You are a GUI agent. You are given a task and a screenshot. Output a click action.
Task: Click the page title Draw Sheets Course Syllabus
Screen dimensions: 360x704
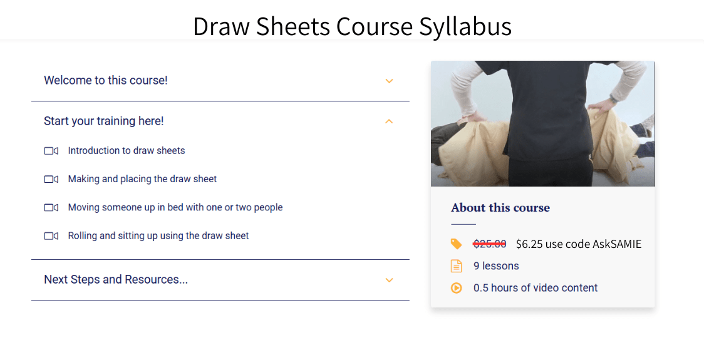[x=352, y=26]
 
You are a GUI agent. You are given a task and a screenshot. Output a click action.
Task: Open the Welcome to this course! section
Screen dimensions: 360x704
[x=106, y=80]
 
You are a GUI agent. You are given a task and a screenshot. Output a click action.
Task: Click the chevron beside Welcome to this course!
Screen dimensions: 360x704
[x=389, y=81]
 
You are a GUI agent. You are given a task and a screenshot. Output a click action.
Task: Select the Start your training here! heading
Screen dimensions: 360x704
[x=104, y=121]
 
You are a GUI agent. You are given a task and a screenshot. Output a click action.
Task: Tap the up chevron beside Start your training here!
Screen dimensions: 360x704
[x=389, y=121]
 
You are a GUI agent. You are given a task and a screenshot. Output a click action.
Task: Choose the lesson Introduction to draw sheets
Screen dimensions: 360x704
[x=127, y=150]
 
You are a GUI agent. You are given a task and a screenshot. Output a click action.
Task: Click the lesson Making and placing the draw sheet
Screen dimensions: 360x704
[x=142, y=179]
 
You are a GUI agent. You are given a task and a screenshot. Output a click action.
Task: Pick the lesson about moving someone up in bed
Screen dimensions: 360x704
[x=175, y=207]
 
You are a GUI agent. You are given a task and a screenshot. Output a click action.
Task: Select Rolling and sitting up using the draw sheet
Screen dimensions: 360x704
[x=158, y=236]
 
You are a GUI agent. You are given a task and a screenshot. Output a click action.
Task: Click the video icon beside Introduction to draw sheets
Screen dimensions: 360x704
[x=51, y=151]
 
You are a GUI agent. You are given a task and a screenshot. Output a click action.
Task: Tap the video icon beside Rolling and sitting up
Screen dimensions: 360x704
[x=51, y=236]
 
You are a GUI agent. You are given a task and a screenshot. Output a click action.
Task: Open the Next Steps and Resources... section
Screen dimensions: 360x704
[x=116, y=279]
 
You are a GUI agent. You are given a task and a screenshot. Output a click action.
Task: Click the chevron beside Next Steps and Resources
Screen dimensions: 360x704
[x=389, y=280]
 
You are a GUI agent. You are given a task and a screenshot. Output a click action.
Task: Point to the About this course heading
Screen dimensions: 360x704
[x=500, y=208]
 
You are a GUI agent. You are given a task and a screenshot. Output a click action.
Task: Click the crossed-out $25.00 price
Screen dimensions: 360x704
[x=490, y=244]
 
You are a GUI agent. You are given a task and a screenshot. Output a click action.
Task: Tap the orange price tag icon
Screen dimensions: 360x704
[x=457, y=244]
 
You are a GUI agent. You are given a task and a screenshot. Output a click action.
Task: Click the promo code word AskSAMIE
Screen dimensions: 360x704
[x=616, y=244]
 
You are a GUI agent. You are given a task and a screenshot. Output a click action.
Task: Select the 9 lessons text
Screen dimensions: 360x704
[x=496, y=266]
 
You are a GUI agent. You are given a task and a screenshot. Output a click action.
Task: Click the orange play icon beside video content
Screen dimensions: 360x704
[x=457, y=288]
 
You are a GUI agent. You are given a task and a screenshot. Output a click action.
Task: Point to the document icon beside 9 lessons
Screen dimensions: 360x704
[x=457, y=266]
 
